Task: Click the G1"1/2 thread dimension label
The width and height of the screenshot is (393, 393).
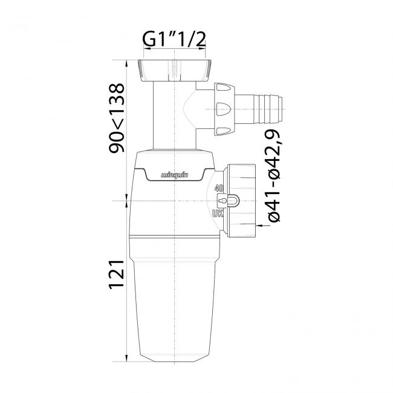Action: [x=174, y=40]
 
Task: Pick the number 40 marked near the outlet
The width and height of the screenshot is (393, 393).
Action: [x=219, y=187]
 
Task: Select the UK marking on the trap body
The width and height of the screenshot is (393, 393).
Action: [x=218, y=213]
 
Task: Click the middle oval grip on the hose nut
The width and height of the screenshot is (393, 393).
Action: [x=223, y=109]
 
